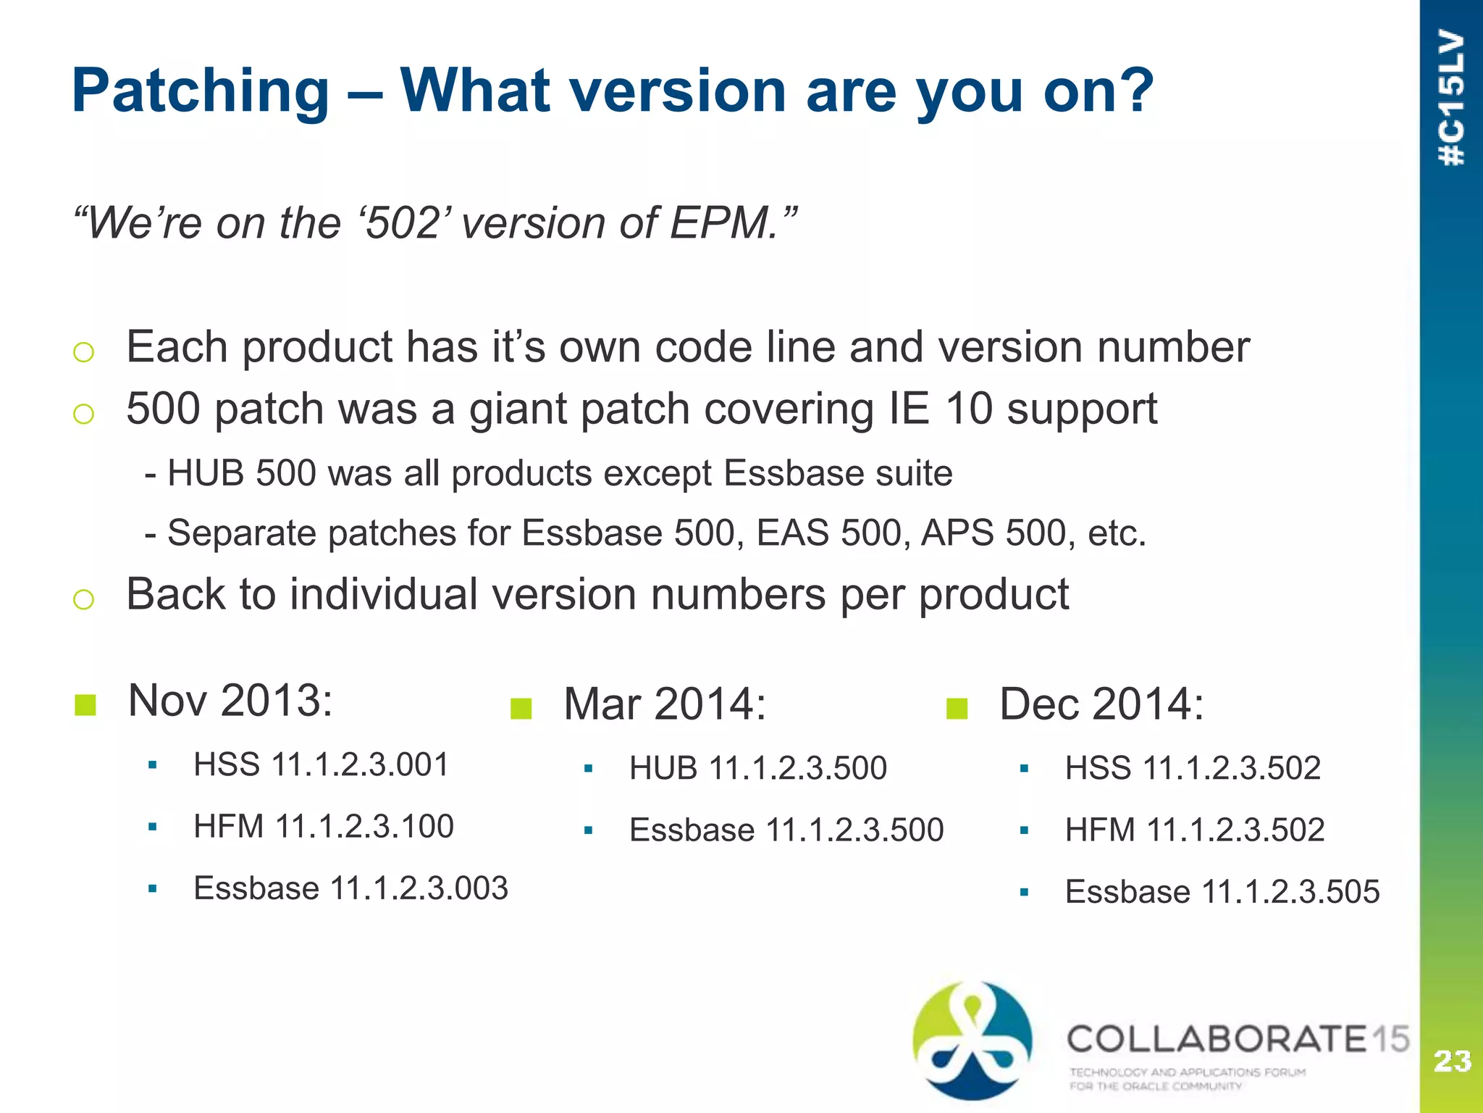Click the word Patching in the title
coord(201,92)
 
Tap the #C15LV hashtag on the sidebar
coord(1452,99)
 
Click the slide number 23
coord(1452,1062)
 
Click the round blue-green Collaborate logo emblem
coord(972,1040)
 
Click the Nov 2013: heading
coord(230,701)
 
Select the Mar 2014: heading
coord(664,704)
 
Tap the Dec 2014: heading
coord(1101,704)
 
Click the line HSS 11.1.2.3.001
coord(321,765)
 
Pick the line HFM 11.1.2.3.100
coord(323,827)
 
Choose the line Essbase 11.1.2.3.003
coord(350,888)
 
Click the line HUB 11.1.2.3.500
coord(757,768)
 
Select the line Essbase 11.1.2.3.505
coord(1222,892)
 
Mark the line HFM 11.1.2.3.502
coord(1194,830)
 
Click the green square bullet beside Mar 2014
coord(521,708)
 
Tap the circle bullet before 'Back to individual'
coord(84,599)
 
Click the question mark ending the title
coord(1134,92)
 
